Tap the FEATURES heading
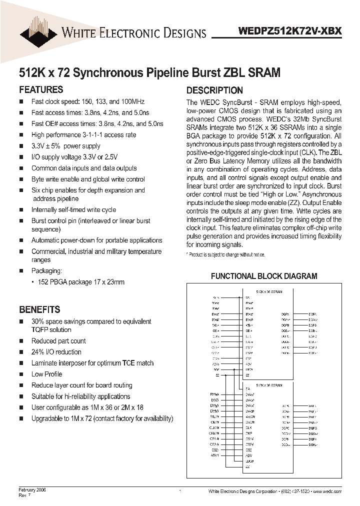coord(41,90)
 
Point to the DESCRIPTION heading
coord(214,90)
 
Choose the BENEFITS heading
coord(39,309)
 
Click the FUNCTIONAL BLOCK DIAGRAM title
coord(264,276)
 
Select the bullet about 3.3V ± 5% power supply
coord(65,146)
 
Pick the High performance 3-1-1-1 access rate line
coord(83,135)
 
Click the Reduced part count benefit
coord(58,341)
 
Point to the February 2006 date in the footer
coord(32,490)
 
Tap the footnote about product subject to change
coord(226,255)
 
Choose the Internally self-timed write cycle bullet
coord(73,210)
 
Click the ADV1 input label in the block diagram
coord(215,455)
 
